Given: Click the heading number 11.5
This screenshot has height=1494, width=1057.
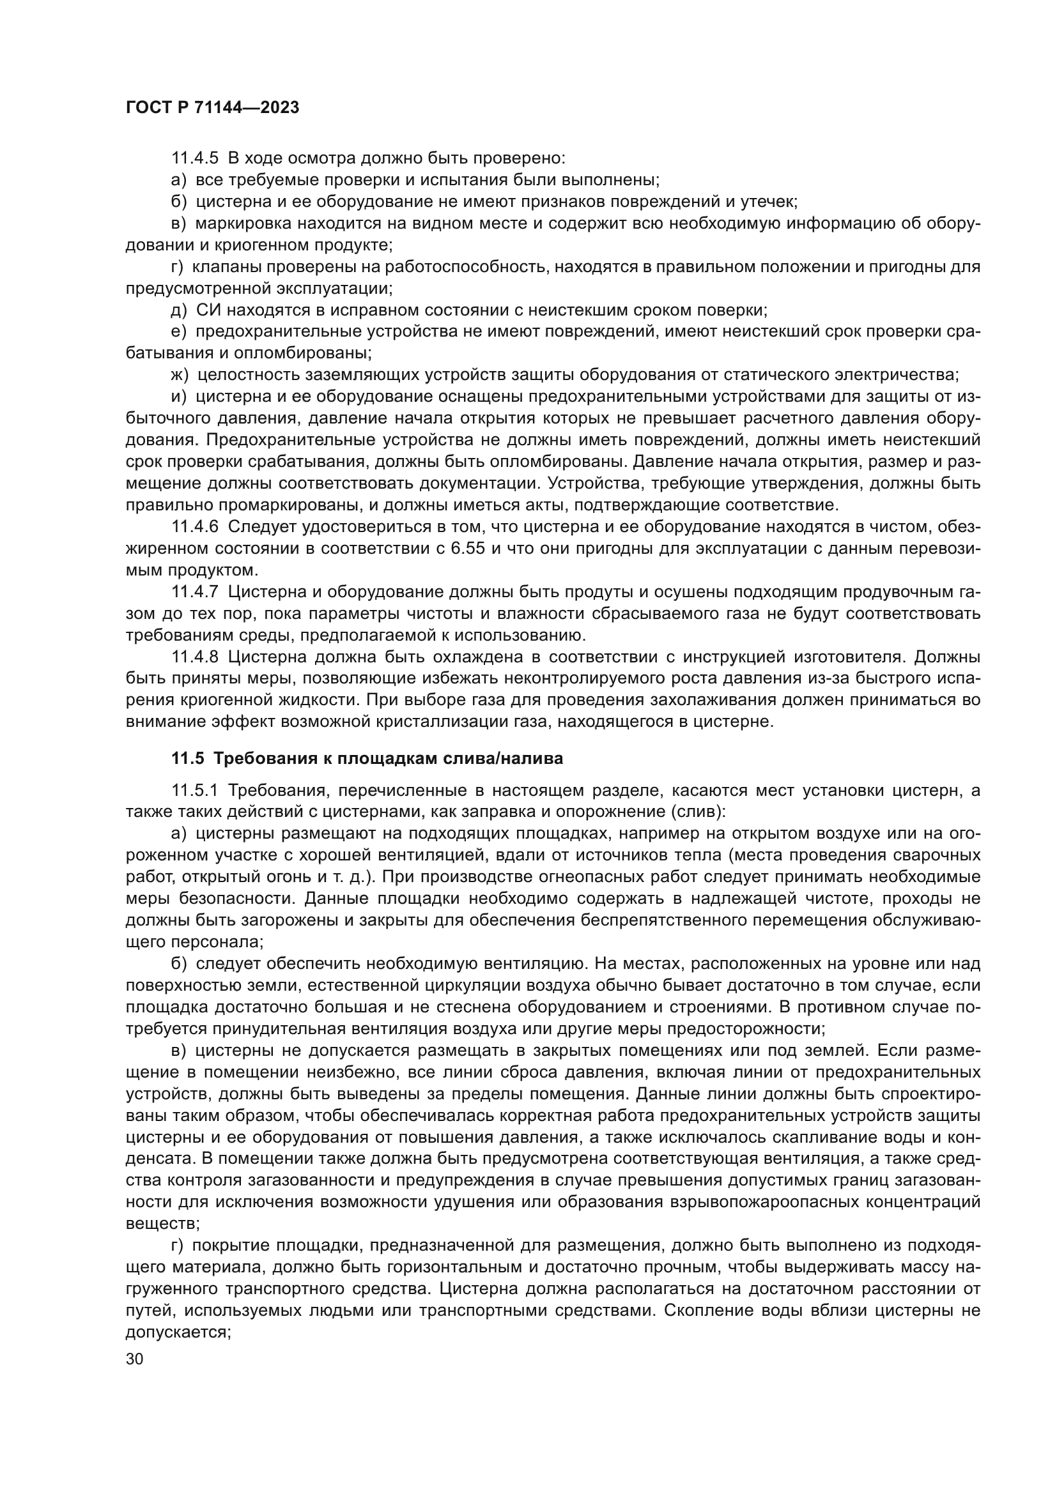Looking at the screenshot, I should click(x=187, y=758).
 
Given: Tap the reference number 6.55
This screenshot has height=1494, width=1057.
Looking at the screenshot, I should click(x=467, y=548).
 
